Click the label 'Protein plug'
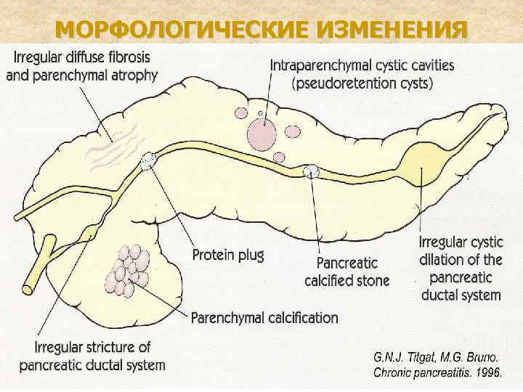[x=227, y=255]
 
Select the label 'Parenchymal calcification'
[x=264, y=317]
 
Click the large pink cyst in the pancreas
[x=261, y=134]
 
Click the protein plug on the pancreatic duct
[x=150, y=160]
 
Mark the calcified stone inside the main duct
[x=310, y=172]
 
